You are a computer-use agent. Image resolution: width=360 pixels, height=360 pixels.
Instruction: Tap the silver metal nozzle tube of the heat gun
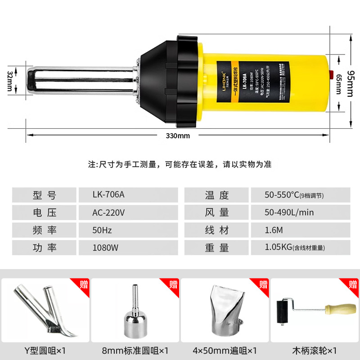coord(81,81)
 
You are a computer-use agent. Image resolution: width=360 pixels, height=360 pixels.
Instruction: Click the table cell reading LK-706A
coord(108,195)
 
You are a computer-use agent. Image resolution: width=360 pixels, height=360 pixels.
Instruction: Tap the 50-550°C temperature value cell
coord(294,195)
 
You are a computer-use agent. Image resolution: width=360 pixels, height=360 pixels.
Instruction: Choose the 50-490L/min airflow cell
coord(289,213)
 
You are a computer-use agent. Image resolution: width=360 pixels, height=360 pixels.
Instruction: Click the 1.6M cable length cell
coord(274,230)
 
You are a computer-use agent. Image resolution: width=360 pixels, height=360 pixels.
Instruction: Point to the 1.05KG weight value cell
coord(295,247)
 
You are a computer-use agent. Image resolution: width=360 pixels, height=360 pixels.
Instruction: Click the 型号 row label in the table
coord(45,195)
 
